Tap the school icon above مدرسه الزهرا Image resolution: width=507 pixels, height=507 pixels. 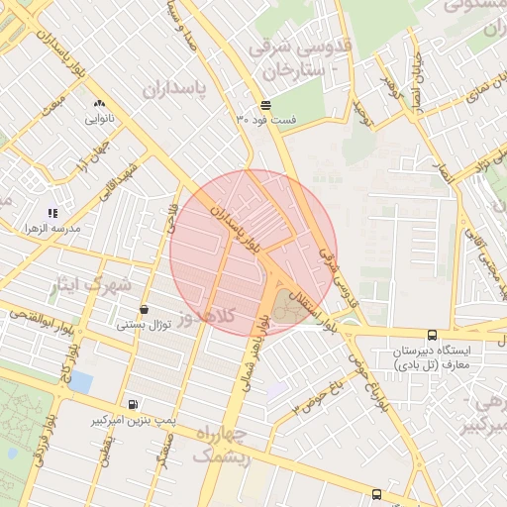(x=52, y=213)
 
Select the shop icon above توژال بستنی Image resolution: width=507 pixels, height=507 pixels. (x=145, y=309)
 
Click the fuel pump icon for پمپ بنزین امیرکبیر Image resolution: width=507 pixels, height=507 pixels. (x=133, y=404)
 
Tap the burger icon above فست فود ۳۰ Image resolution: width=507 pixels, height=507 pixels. (x=266, y=105)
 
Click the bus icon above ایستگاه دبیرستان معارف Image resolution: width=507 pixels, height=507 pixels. (x=432, y=336)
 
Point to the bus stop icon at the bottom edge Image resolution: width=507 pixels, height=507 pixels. (x=376, y=494)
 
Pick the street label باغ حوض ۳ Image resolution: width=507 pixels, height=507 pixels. (x=317, y=397)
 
